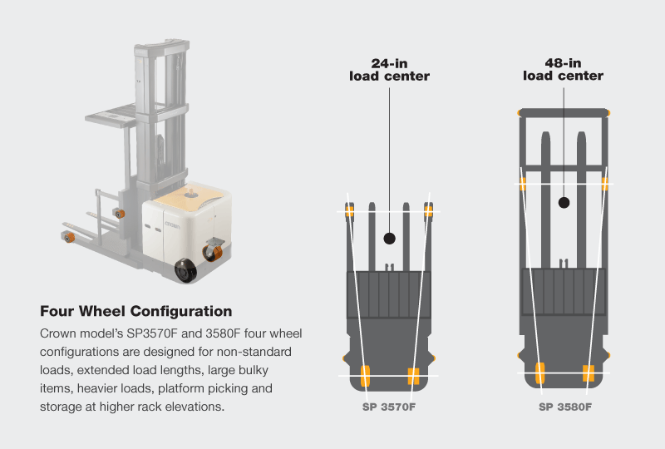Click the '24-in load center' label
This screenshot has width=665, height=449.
pyautogui.click(x=388, y=70)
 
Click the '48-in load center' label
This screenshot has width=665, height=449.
pyautogui.click(x=563, y=69)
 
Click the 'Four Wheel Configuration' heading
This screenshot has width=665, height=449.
pyautogui.click(x=135, y=312)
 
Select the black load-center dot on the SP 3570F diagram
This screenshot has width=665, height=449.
pyautogui.click(x=388, y=239)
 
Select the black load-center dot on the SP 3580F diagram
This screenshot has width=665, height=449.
pyautogui.click(x=564, y=201)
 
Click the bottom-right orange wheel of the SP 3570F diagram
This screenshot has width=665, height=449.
pyautogui.click(x=413, y=376)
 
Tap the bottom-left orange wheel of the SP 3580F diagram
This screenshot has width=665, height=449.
pyautogui.click(x=539, y=373)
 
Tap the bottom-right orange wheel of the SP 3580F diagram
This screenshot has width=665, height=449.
pyautogui.click(x=589, y=373)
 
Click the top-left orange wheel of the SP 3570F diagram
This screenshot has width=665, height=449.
pyautogui.click(x=349, y=211)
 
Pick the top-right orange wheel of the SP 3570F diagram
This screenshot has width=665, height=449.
pyautogui.click(x=428, y=211)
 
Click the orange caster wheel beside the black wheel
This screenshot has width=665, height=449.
pyautogui.click(x=214, y=252)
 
